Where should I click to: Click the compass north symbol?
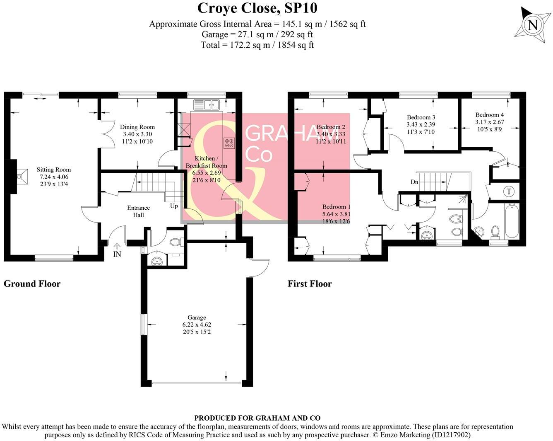coord(533,25)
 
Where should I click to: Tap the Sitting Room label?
coord(53,170)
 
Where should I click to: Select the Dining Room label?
coord(137,127)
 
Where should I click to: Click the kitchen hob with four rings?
coord(229,143)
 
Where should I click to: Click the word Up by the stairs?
coord(174,206)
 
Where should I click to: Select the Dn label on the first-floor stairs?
coord(414,182)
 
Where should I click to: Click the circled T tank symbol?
coord(509,191)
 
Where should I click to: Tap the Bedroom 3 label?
coord(421,117)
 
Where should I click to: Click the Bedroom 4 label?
coord(489,115)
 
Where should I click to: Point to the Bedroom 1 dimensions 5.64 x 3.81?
coord(337,214)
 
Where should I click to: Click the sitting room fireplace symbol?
coord(19,177)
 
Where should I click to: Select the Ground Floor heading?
coord(32,284)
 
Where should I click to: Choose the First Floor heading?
coord(310,284)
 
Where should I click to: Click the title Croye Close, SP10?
coord(257,8)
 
